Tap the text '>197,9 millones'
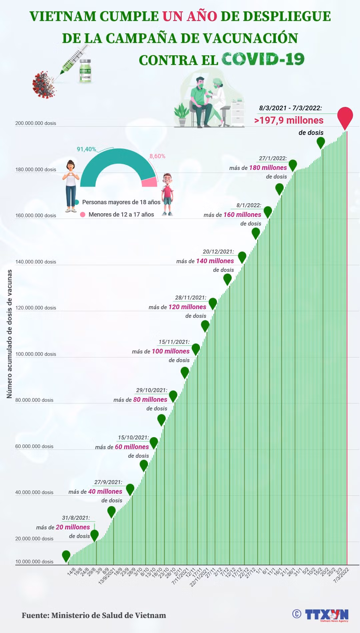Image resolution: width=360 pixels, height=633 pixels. click(289, 120)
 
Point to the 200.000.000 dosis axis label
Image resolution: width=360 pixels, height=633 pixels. click(36, 123)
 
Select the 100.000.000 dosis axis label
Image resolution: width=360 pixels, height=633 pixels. click(36, 354)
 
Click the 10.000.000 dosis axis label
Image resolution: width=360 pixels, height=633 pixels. click(34, 562)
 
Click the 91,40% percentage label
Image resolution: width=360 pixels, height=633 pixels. click(87, 149)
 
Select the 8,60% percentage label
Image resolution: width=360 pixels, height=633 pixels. click(157, 156)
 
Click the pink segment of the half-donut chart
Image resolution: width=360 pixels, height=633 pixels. click(149, 182)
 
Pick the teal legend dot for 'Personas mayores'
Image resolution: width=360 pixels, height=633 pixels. click(77, 202)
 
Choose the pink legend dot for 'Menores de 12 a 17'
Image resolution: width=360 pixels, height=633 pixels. click(83, 215)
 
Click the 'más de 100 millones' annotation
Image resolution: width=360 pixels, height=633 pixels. click(161, 351)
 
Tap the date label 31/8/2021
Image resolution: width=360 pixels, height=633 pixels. click(76, 518)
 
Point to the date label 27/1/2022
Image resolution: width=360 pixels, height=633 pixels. click(273, 159)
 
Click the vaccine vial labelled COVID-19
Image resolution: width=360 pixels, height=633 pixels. click(85, 71)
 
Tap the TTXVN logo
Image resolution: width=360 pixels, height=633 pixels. click(327, 615)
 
